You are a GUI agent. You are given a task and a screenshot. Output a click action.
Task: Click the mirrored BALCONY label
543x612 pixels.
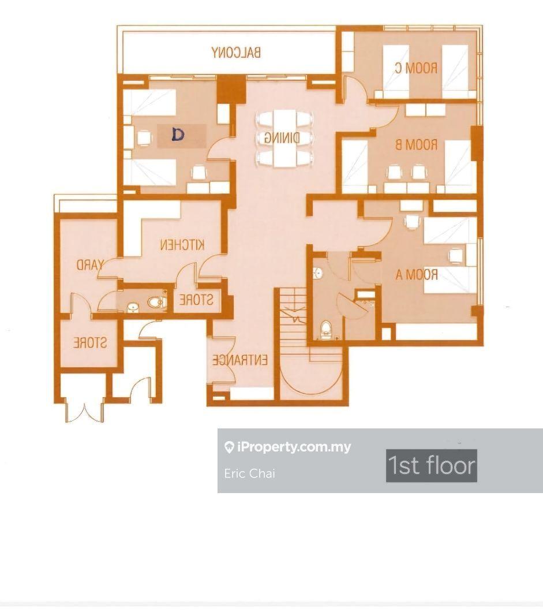click(236, 53)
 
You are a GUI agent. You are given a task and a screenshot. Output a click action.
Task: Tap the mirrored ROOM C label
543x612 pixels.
click(416, 68)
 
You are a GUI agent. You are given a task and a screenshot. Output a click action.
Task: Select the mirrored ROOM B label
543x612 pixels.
click(416, 145)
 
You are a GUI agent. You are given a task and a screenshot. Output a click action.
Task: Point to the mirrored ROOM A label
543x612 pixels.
click(417, 274)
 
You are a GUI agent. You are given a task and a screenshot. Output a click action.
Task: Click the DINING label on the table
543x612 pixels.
click(282, 137)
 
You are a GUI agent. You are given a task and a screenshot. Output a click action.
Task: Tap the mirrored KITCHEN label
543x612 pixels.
click(182, 245)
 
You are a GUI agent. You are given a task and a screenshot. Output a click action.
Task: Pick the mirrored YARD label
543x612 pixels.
click(90, 265)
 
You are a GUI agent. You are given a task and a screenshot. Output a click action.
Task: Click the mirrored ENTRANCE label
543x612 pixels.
click(240, 360)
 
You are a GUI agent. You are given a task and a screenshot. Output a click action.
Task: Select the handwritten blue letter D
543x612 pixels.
click(178, 135)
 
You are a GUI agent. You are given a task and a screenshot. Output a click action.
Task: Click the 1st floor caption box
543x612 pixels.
click(432, 465)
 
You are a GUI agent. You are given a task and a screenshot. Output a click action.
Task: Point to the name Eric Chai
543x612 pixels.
click(250, 473)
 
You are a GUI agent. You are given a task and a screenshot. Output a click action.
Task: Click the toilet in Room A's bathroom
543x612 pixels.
click(324, 330)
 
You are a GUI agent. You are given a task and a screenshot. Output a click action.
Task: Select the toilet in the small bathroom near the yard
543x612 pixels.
click(157, 302)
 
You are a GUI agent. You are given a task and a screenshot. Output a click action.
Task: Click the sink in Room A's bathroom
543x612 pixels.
click(319, 273)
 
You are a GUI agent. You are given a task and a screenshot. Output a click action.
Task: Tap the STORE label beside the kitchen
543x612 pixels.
click(196, 300)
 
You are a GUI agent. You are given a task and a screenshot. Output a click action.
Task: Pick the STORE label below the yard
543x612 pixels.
click(90, 342)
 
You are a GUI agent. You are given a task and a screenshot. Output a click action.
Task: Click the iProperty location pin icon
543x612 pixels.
click(229, 447)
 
